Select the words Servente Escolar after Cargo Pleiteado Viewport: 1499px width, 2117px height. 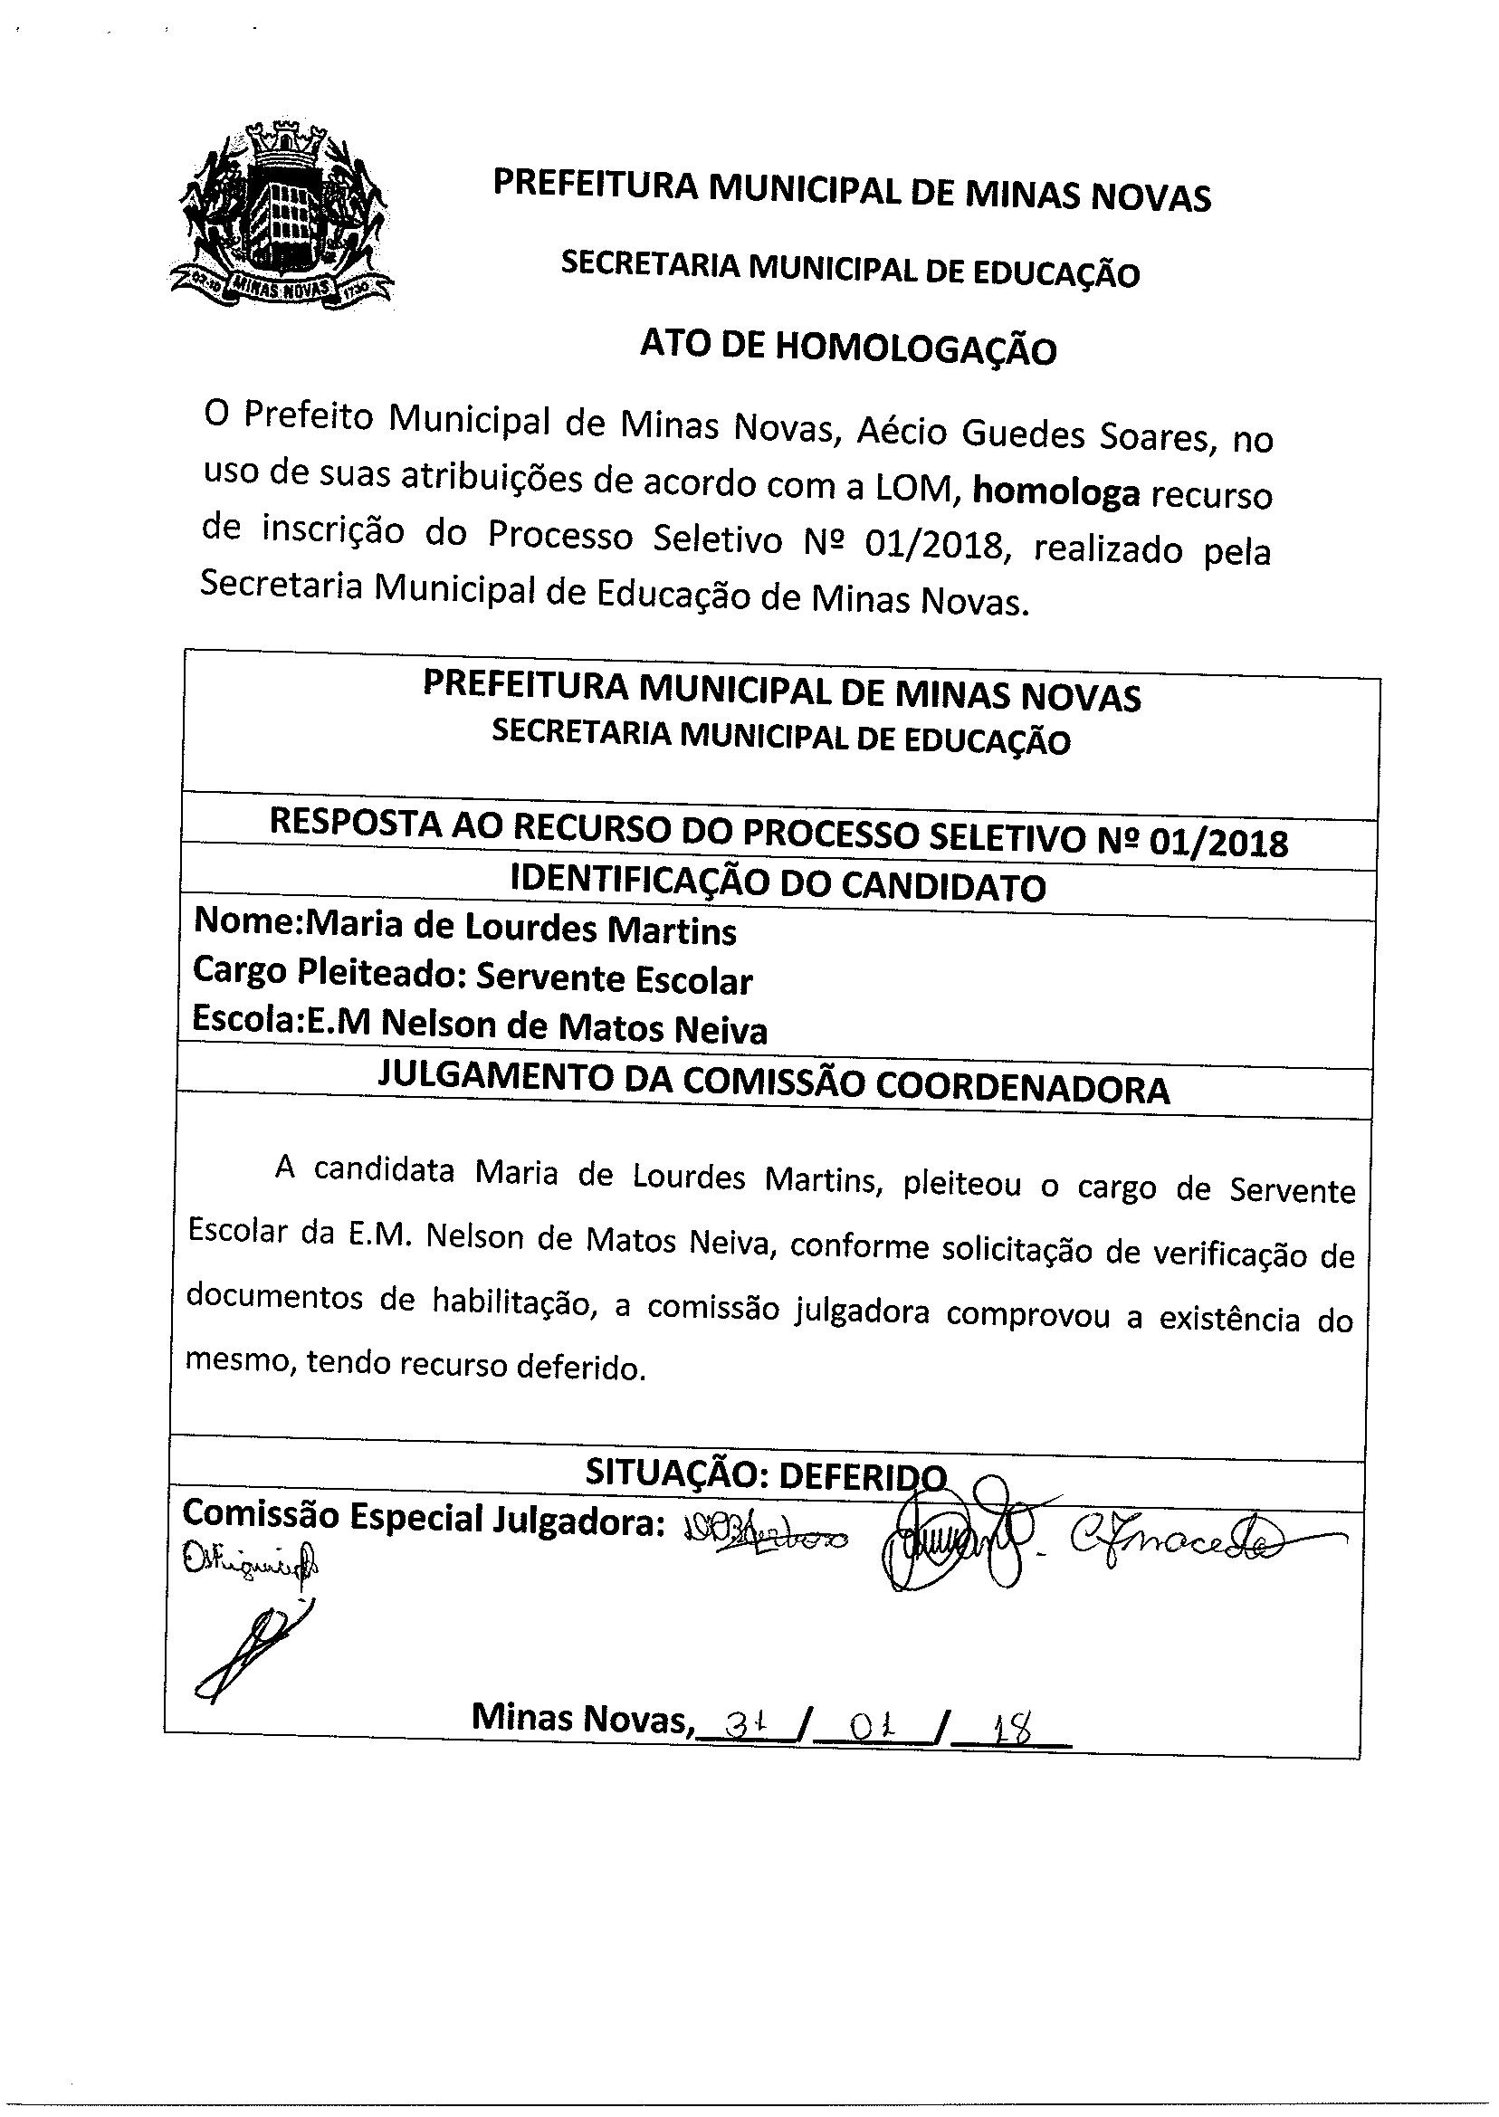(614, 980)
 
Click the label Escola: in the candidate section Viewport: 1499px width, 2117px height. (247, 1022)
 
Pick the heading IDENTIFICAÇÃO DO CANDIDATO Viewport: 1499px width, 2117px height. (778, 886)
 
